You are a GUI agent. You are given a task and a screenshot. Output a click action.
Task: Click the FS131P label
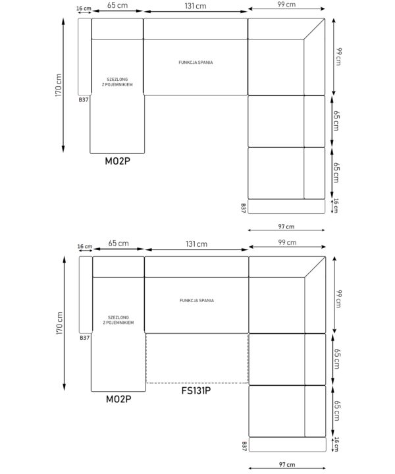pos(196,390)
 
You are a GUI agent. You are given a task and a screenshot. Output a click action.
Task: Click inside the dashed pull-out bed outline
pos(197,358)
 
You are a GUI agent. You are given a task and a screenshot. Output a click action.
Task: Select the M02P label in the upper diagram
pos(118,161)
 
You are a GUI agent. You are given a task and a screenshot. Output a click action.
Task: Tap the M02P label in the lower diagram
pos(118,399)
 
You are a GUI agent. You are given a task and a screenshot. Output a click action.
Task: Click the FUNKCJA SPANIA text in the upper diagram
pos(196,63)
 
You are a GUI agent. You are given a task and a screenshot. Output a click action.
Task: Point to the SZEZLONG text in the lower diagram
pos(118,317)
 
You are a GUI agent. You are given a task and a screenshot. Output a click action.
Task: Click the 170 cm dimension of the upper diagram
pos(59,85)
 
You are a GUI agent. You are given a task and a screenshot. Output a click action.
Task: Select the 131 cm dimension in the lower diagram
pos(196,244)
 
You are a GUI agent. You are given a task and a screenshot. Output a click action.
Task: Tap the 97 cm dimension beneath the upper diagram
pos(286,226)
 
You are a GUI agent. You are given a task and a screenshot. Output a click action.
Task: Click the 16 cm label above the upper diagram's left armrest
pos(84,8)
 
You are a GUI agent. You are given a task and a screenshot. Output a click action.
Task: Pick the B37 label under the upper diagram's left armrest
pos(84,100)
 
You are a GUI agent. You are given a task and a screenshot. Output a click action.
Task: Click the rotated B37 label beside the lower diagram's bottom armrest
pos(244,446)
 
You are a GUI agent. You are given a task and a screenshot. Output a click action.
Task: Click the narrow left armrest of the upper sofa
pos(85,57)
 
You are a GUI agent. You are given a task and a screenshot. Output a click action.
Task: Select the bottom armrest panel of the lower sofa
pos(288,444)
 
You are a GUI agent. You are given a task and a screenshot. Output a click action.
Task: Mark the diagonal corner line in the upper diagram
pos(314,29)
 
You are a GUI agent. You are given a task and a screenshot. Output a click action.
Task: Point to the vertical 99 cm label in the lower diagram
pos(338,299)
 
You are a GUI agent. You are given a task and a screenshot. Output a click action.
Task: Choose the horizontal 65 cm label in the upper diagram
pos(117,5)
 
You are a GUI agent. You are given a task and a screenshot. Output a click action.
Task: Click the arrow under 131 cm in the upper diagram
pos(196,12)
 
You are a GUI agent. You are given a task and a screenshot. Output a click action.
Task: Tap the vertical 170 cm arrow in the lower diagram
pos(64,323)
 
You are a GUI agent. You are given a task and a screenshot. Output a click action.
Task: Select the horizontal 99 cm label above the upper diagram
pos(286,4)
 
